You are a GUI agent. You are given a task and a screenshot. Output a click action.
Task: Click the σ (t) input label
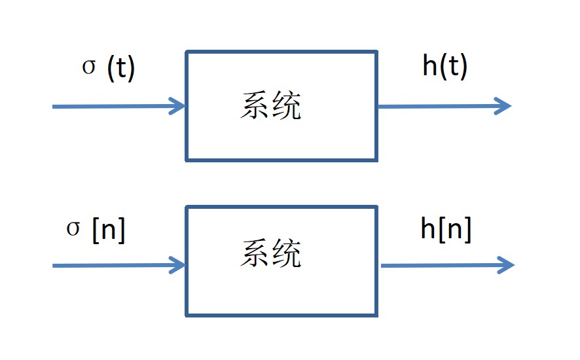[x=109, y=69]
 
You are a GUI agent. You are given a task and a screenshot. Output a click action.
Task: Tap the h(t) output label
[x=445, y=67]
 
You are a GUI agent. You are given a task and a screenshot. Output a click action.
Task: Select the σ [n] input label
[x=96, y=230]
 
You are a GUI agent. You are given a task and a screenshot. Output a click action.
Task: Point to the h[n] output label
[x=446, y=228]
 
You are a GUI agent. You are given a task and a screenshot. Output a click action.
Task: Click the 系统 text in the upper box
[x=270, y=106]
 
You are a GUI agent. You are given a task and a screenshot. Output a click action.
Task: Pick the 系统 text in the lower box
[x=270, y=254]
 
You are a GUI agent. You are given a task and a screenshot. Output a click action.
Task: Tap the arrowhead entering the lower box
[x=177, y=265]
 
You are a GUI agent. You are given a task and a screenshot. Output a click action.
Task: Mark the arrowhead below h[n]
[x=506, y=265]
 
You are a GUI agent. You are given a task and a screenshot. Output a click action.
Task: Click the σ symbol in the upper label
[x=89, y=68]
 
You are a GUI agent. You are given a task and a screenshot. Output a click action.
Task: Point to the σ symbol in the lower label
[x=73, y=230]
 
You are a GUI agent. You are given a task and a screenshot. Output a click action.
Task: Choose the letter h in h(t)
[x=430, y=66]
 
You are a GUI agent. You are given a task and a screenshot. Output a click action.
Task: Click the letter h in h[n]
[x=428, y=228]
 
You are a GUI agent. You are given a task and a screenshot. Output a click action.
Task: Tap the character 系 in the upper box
[x=254, y=106]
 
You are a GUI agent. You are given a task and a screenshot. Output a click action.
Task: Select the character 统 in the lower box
[x=287, y=254]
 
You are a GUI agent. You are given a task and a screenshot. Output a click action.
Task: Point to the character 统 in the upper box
[x=287, y=106]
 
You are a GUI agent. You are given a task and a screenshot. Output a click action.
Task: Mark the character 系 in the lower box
[x=254, y=254]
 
